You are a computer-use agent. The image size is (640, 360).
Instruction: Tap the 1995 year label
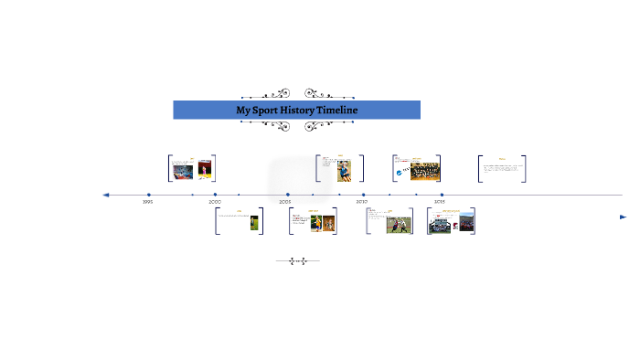pyautogui.click(x=147, y=202)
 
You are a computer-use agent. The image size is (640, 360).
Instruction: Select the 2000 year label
pyautogui.click(x=215, y=202)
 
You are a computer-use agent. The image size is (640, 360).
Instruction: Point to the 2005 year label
pyautogui.click(x=285, y=202)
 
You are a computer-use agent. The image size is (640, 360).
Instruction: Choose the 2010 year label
pyautogui.click(x=362, y=202)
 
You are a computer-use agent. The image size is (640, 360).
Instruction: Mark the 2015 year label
pyautogui.click(x=440, y=202)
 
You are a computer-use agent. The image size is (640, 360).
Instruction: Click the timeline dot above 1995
pyautogui.click(x=148, y=195)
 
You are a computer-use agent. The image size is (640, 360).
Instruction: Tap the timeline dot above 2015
pyautogui.click(x=442, y=195)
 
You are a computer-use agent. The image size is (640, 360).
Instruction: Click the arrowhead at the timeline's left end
pyautogui.click(x=106, y=195)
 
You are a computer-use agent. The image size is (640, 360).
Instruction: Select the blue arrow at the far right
pyautogui.click(x=623, y=217)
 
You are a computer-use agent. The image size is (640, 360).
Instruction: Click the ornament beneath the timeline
pyautogui.click(x=297, y=261)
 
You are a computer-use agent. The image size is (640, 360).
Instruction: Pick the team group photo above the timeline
pyautogui.click(x=425, y=170)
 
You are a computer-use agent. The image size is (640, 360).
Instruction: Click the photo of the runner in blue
pyautogui.click(x=343, y=171)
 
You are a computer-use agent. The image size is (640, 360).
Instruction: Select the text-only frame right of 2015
pyautogui.click(x=502, y=168)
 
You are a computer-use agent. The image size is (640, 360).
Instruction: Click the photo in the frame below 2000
pyautogui.click(x=253, y=222)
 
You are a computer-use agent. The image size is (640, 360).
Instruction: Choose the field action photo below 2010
pyautogui.click(x=399, y=223)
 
